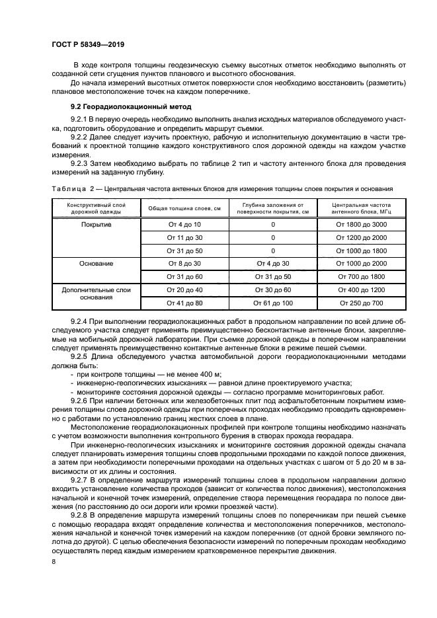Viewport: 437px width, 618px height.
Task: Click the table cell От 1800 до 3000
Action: point(361,225)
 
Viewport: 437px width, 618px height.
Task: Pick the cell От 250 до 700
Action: point(361,303)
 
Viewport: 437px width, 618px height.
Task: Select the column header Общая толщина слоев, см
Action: point(175,209)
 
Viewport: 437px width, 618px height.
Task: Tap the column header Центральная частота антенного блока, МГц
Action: point(361,209)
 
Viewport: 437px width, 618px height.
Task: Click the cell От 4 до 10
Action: point(175,225)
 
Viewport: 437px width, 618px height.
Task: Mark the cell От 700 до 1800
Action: point(361,276)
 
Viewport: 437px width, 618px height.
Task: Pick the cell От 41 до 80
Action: point(175,303)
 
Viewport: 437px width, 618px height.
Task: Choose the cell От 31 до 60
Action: point(175,276)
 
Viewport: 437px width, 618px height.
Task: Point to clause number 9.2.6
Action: point(81,401)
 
